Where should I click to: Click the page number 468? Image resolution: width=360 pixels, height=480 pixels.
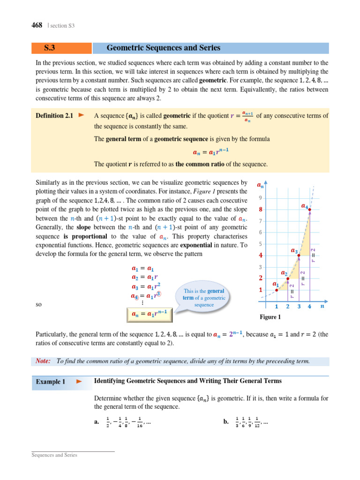tap(37, 25)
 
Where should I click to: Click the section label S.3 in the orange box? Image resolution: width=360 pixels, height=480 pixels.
tap(51, 48)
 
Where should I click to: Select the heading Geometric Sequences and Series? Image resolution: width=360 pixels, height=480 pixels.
tap(164, 48)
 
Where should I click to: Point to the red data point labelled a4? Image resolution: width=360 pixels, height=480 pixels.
tap(309, 209)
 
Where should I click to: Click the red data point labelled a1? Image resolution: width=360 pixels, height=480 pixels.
tap(277, 290)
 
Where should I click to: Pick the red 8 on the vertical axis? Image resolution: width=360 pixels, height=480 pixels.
tap(261, 210)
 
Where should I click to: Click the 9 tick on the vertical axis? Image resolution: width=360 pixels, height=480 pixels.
tap(260, 198)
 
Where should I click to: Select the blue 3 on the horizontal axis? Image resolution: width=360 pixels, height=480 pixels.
tap(299, 307)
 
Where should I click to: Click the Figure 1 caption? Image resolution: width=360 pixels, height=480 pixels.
tap(270, 317)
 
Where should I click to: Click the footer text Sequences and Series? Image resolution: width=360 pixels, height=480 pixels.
tap(54, 455)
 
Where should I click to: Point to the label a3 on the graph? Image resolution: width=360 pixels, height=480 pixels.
tap(294, 251)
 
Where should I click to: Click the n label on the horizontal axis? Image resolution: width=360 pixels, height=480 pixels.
tap(322, 307)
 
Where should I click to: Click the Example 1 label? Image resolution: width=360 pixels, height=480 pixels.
tap(51, 382)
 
